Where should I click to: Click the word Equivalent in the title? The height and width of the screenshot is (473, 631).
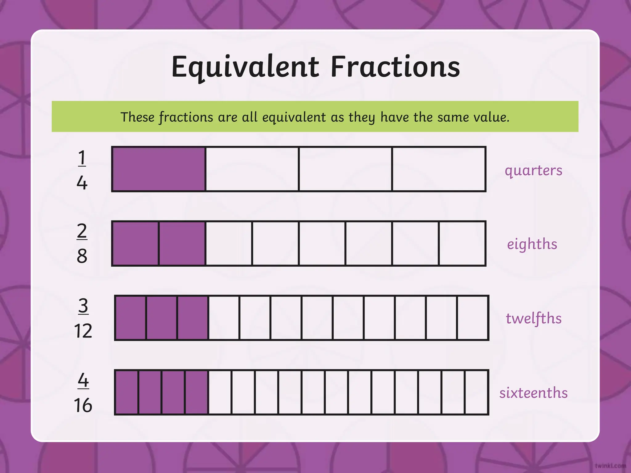coord(245,67)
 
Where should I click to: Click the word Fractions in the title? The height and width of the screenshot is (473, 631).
coord(395,67)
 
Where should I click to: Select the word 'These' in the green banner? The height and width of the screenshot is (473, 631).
coord(137,117)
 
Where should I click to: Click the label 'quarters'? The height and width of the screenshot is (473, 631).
coord(533,170)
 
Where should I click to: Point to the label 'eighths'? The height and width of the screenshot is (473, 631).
coord(532,244)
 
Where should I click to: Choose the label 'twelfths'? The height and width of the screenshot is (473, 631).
coord(534,318)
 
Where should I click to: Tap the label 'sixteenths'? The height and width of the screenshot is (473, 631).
coord(533,393)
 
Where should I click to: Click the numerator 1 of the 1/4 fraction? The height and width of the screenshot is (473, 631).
coord(82,158)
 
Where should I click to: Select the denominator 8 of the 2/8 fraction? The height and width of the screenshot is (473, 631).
coord(82,256)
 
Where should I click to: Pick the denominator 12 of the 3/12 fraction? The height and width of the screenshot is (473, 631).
coord(83,331)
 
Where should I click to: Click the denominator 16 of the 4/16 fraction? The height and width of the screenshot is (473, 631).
coord(83,405)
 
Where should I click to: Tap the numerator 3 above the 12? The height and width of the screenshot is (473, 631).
coord(83,306)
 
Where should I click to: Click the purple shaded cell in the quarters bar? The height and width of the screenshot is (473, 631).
coord(159,169)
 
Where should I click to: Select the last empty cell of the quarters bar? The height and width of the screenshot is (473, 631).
coord(439,169)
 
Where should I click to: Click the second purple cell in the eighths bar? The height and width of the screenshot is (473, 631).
coord(182,243)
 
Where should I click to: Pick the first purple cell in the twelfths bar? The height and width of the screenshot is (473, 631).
coord(131,318)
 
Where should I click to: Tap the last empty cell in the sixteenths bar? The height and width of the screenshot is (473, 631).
coord(476,392)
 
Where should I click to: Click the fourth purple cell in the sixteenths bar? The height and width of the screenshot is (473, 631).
coord(197,392)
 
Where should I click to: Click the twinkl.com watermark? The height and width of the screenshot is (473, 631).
coord(610,466)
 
